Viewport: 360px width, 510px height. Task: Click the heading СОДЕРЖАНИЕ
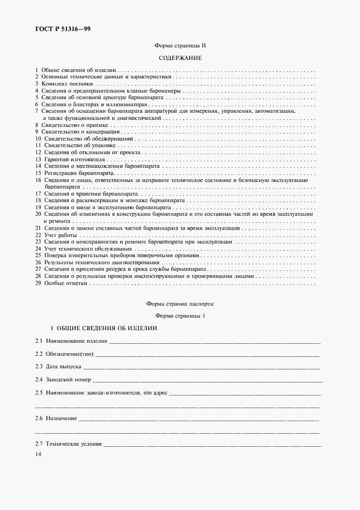(x=180, y=58)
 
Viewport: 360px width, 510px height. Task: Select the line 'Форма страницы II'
(x=180, y=47)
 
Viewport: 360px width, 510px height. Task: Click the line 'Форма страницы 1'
(x=180, y=315)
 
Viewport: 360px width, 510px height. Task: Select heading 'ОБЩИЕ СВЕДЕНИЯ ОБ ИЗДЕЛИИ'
(x=103, y=329)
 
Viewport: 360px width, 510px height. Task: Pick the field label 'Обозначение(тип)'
(x=70, y=354)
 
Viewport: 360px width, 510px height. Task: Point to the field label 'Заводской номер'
(x=69, y=379)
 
